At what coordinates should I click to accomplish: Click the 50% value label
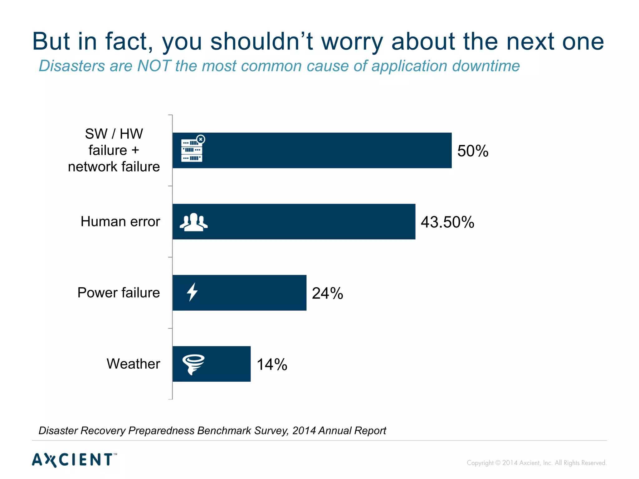tap(472, 151)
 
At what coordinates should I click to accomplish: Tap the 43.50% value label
tap(447, 222)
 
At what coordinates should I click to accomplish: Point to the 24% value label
tap(327, 293)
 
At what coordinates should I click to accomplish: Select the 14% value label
tap(272, 364)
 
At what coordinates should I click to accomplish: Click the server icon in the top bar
tap(192, 150)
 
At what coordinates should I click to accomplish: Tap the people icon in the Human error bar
tap(193, 222)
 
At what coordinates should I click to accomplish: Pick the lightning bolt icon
tap(192, 292)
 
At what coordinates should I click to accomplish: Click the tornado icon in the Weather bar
tap(193, 364)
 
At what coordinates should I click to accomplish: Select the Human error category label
tap(120, 221)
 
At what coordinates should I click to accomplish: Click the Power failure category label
tap(119, 293)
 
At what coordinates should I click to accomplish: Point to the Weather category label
tap(133, 364)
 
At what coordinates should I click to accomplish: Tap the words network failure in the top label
tap(114, 167)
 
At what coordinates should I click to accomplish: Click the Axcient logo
tap(74, 460)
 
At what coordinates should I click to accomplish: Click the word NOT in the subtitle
tap(154, 66)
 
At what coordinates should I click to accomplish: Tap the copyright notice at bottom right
tap(536, 463)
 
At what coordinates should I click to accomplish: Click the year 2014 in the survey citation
tap(304, 431)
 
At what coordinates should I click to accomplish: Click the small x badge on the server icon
tap(201, 139)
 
